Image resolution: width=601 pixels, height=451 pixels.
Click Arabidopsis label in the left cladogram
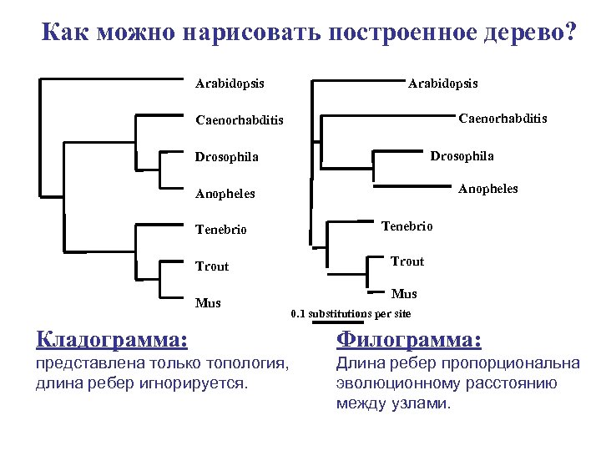point(230,84)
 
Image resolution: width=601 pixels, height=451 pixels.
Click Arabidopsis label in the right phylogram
point(442,84)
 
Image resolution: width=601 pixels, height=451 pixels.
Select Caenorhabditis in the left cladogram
point(239,120)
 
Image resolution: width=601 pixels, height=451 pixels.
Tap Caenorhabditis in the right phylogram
point(503,119)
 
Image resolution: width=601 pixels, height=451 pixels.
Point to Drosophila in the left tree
point(226,157)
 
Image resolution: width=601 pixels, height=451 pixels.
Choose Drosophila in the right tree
point(462,156)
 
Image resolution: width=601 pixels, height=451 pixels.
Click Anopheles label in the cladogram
point(225,194)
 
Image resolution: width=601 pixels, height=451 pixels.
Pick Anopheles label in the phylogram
point(487,189)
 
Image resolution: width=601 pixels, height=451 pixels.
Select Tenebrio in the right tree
point(407,225)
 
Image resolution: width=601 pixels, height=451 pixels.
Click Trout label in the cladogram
point(212,266)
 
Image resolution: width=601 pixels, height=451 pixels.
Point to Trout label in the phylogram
point(407,261)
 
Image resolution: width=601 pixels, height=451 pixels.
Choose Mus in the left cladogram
point(208,302)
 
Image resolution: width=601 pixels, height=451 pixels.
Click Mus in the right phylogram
point(404,294)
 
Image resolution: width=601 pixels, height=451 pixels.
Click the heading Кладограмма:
point(112,339)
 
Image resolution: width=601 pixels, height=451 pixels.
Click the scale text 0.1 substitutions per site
point(351,314)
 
